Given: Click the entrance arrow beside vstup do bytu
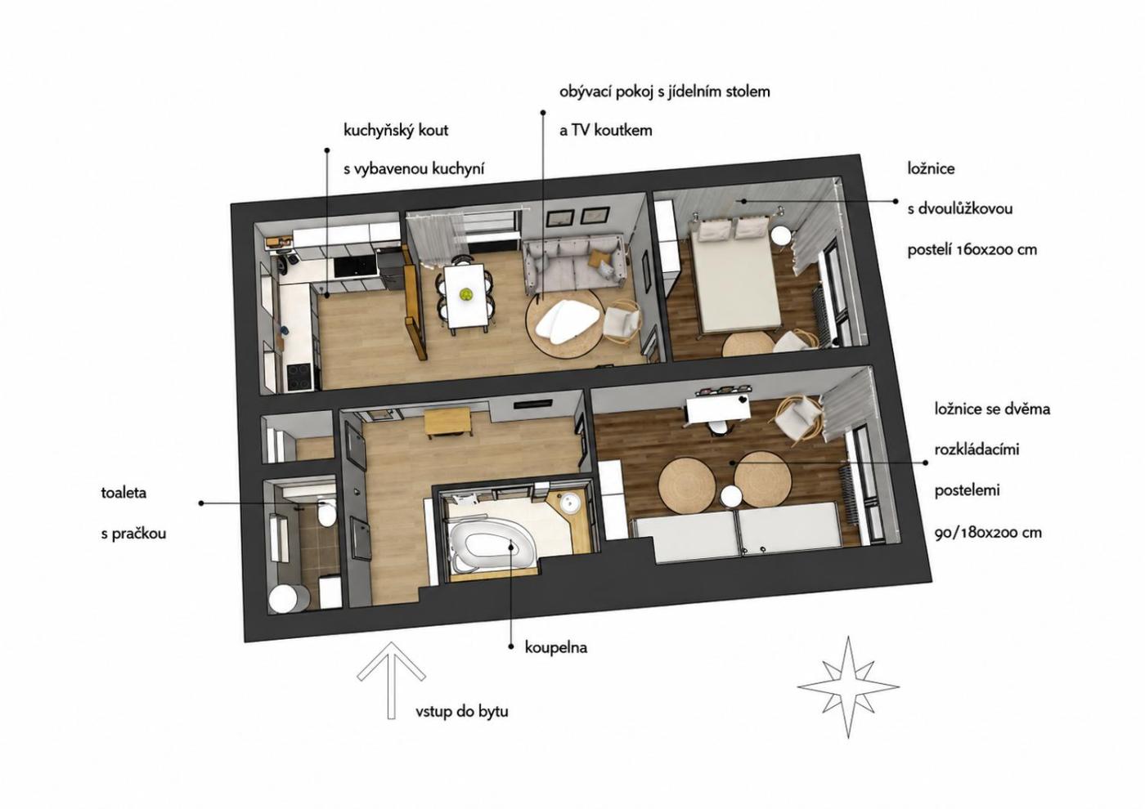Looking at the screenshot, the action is click(391, 680).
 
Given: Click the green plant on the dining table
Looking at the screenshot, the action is click(466, 294).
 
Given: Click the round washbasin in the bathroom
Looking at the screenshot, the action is click(568, 503).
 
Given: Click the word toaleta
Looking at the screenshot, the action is click(123, 493).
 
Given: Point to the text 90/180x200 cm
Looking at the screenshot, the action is click(988, 533).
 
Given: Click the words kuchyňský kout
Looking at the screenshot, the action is click(396, 131).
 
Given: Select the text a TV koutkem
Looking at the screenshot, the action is click(606, 130).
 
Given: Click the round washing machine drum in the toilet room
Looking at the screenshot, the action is click(285, 599).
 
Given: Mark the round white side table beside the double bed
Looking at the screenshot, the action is click(781, 236).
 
